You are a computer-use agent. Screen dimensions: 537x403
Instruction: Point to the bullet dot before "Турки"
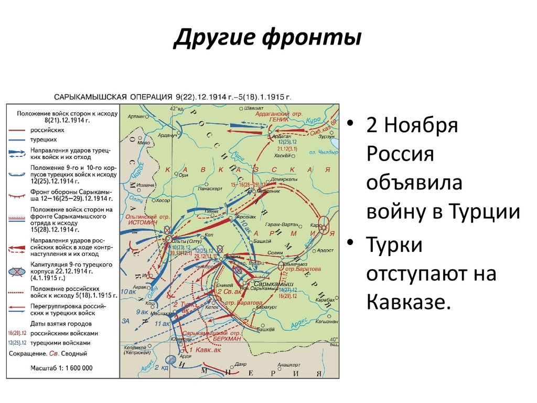[351, 243]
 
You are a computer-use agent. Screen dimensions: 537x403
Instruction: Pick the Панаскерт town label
[210, 187]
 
